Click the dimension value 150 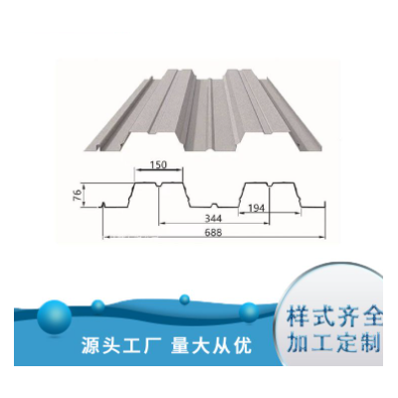pyautogui.click(x=158, y=164)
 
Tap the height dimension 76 pyautogui.click(x=77, y=195)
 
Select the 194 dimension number pyautogui.click(x=256, y=208)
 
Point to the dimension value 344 pyautogui.click(x=213, y=218)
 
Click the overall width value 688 pyautogui.click(x=213, y=232)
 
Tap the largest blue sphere pyautogui.click(x=54, y=317)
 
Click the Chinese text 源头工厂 pyautogui.click(x=121, y=346)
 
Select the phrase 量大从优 pyautogui.click(x=211, y=346)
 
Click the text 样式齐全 pyautogui.click(x=334, y=317)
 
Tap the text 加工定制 pyautogui.click(x=333, y=344)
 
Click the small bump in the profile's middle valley pyautogui.click(x=215, y=205)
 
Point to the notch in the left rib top pyautogui.click(x=159, y=184)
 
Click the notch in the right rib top pyautogui.click(x=270, y=184)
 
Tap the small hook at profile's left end pyautogui.click(x=103, y=205)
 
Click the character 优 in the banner pyautogui.click(x=243, y=346)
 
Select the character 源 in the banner pyautogui.click(x=91, y=346)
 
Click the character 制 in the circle pyautogui.click(x=370, y=344)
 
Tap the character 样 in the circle pyautogui.click(x=297, y=317)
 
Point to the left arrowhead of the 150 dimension pyautogui.click(x=137, y=170)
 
